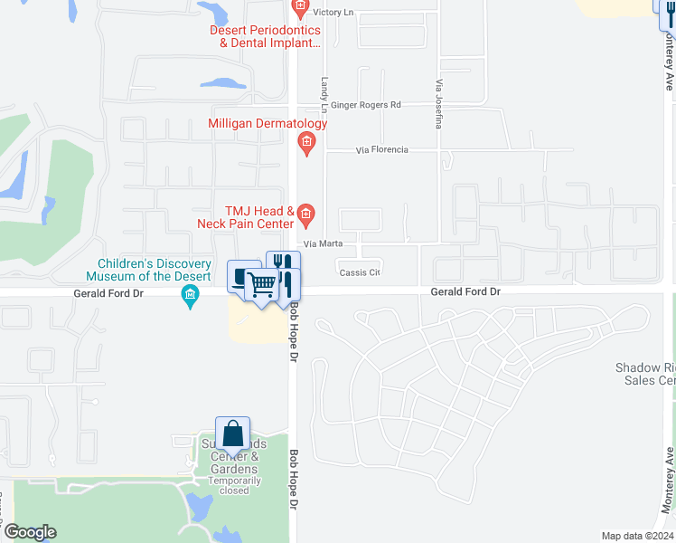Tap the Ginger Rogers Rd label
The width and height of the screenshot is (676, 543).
click(x=366, y=105)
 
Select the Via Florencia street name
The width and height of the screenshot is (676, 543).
click(x=382, y=149)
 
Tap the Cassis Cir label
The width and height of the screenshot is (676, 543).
click(x=360, y=272)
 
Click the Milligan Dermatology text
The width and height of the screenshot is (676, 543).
click(x=268, y=123)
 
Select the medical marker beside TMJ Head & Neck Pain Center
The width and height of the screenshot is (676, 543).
click(x=306, y=214)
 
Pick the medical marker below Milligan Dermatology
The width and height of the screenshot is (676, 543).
click(x=307, y=142)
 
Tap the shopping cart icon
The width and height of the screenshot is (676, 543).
click(x=262, y=284)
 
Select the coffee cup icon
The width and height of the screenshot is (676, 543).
click(x=240, y=275)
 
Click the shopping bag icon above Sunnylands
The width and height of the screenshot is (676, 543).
click(x=232, y=433)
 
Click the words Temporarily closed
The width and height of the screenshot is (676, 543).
click(x=234, y=485)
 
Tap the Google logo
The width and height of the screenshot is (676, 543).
click(x=30, y=532)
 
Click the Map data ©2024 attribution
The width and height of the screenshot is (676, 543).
click(x=636, y=536)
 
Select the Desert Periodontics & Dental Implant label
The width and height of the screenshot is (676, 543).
click(x=264, y=35)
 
